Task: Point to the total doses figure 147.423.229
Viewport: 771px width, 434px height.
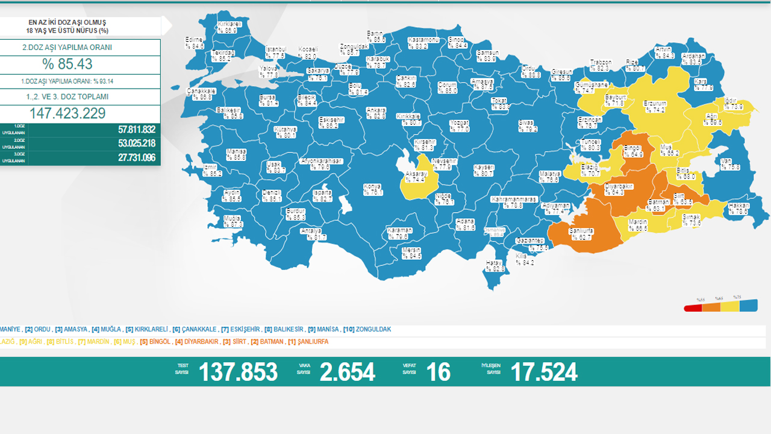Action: coord(67,113)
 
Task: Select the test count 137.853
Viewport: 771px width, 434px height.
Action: coord(238,372)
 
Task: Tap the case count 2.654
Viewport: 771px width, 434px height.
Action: coord(347,372)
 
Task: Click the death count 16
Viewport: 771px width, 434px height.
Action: coord(437,372)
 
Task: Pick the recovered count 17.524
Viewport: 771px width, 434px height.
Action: coord(543,372)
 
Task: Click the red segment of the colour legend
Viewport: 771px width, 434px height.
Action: coord(693,308)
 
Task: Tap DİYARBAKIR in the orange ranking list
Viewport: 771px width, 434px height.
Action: coord(197,342)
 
